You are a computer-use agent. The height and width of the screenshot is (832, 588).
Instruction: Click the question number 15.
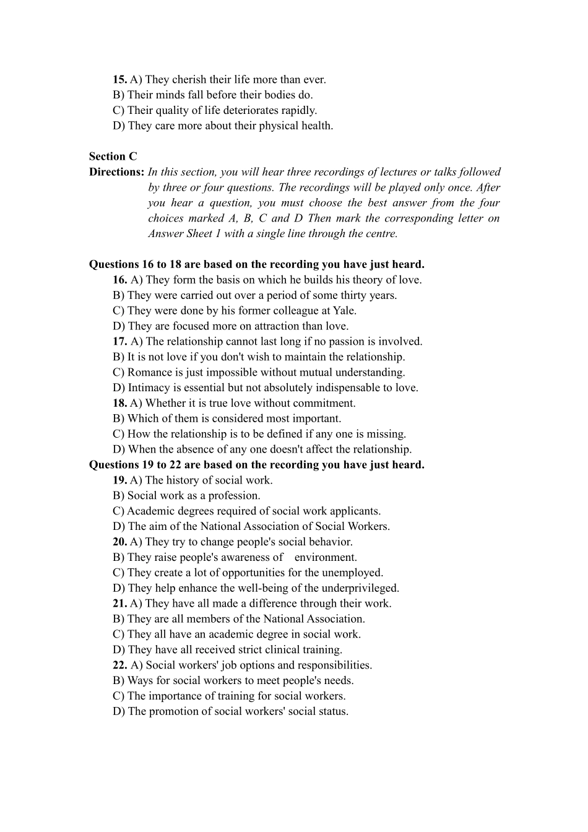119,79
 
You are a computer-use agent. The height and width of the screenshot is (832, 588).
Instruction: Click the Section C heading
113,157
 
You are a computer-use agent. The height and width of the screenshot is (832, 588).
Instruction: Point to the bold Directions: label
116,172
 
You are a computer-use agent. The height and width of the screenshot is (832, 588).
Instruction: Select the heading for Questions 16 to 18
256,264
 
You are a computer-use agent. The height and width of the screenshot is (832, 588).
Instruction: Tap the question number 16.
119,280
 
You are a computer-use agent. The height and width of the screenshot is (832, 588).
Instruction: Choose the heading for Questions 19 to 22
256,465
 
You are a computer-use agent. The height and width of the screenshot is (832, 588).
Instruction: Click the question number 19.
119,480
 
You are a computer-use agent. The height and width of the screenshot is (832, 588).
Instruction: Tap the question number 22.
119,665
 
